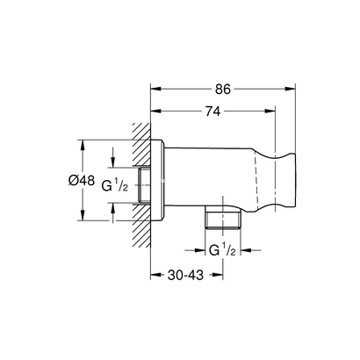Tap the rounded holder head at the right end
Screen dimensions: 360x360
tap(281, 180)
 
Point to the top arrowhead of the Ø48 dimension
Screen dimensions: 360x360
tap(82, 143)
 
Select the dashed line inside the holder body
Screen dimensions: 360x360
tap(258, 180)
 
